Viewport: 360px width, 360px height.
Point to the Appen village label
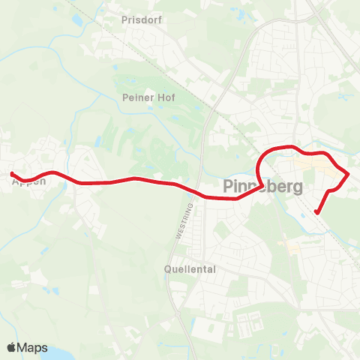click(28, 181)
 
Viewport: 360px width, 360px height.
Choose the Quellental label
click(190, 268)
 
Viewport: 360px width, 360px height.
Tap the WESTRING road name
click(179, 223)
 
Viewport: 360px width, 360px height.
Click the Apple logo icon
click(11, 347)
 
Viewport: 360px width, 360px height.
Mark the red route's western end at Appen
click(12, 174)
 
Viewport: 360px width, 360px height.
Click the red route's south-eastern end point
click(316, 212)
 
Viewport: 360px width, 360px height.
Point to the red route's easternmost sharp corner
click(349, 174)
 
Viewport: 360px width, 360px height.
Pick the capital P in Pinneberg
click(228, 185)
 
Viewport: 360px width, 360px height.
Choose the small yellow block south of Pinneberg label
click(282, 244)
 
